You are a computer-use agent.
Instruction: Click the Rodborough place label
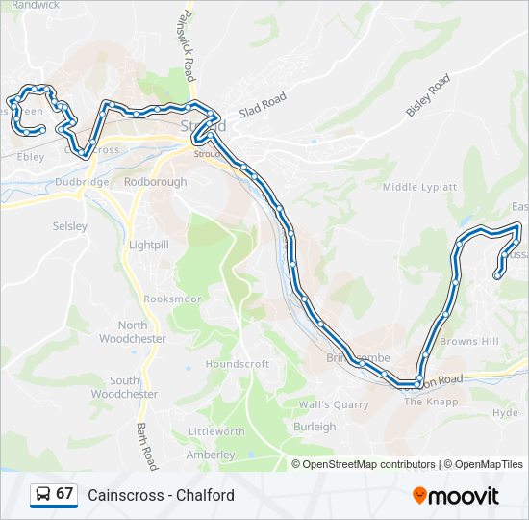pyautogui.click(x=156, y=181)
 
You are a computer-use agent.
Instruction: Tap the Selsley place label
pyautogui.click(x=70, y=226)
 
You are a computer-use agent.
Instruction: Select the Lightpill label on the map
pyautogui.click(x=148, y=245)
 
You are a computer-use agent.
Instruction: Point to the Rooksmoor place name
pyautogui.click(x=173, y=299)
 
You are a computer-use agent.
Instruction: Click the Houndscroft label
pyautogui.click(x=238, y=364)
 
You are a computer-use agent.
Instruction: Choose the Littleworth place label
pyautogui.click(x=216, y=431)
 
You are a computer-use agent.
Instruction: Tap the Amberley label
pyautogui.click(x=211, y=455)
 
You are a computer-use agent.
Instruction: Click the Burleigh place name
pyautogui.click(x=315, y=427)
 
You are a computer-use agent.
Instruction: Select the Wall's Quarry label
pyautogui.click(x=334, y=404)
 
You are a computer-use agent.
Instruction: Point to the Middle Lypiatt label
pyautogui.click(x=419, y=187)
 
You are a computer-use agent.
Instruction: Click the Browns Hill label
pyautogui.click(x=469, y=341)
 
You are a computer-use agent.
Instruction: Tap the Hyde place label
pyautogui.click(x=505, y=412)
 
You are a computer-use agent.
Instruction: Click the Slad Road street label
pyautogui.click(x=263, y=105)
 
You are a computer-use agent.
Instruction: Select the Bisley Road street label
pyautogui.click(x=428, y=95)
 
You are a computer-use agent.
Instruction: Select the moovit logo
pyautogui.click(x=456, y=495)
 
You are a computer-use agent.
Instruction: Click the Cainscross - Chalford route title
pyautogui.click(x=161, y=495)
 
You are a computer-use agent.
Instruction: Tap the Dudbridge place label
pyautogui.click(x=82, y=181)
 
